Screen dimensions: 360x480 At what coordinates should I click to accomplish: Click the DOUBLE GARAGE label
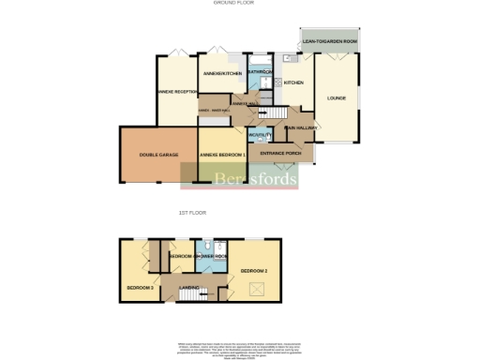point(157,154)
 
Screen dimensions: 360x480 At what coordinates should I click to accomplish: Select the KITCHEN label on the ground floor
point(293,82)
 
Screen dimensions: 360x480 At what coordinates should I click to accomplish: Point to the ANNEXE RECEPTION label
point(178,91)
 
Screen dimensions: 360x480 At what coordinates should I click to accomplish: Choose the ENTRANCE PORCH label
point(281,153)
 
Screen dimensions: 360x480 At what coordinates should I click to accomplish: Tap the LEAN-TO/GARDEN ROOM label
point(330,42)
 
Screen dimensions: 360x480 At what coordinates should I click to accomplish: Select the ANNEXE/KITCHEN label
point(223,73)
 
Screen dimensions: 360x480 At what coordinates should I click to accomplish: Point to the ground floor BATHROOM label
point(261,72)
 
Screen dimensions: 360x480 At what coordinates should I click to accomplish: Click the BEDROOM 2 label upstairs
point(254,271)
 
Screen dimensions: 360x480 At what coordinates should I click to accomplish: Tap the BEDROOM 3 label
point(140,286)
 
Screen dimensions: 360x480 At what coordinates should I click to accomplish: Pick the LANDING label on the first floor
point(189,287)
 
